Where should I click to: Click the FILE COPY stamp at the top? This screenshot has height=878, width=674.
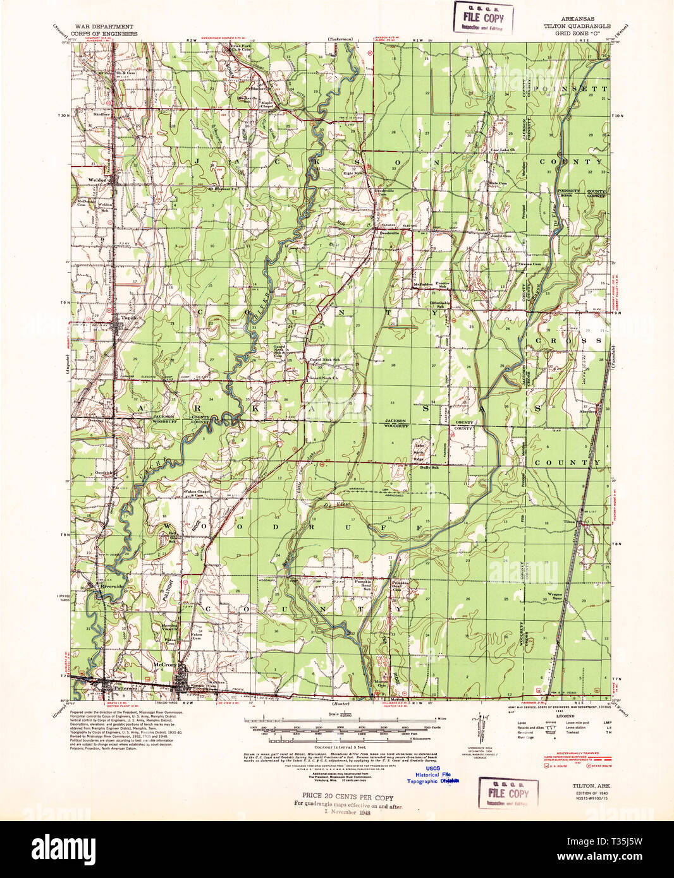tap(483, 17)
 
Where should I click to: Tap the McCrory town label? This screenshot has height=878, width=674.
tap(164, 665)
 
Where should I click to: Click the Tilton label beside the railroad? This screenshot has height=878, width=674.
tap(569, 522)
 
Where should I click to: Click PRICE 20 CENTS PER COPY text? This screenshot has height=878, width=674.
tap(347, 797)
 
